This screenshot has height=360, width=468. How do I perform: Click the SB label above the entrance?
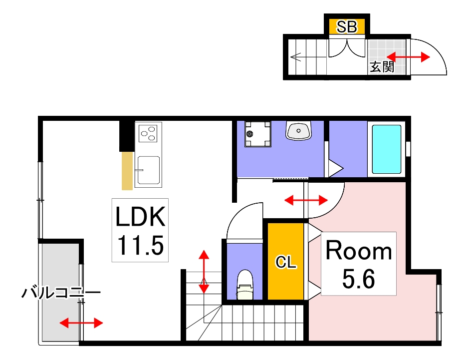(347, 27)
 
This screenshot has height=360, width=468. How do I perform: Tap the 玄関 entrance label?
(382, 66)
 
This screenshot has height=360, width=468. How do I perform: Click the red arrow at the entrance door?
(408, 57)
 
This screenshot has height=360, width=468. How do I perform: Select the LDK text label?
(140, 218)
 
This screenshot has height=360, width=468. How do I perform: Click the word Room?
(359, 251)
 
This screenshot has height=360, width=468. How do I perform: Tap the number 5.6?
(358, 280)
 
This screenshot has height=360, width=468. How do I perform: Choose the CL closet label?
(286, 262)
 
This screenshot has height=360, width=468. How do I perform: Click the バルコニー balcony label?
(61, 293)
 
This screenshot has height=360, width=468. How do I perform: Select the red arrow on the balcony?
(81, 323)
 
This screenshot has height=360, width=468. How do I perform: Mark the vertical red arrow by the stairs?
(204, 272)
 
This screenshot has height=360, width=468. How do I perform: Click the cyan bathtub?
(387, 149)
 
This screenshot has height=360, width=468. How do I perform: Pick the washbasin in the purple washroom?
(299, 131)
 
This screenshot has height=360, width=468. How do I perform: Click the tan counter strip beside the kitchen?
(128, 171)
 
